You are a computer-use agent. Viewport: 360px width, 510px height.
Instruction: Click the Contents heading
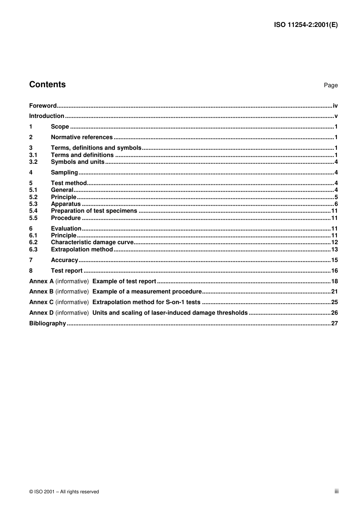[47, 85]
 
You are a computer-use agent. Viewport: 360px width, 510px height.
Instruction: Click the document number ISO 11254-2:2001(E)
[305, 25]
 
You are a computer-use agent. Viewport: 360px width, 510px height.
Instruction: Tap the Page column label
[330, 85]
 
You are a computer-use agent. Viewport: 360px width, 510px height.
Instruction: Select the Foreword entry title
[43, 106]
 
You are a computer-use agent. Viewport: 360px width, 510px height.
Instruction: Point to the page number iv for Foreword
[335, 106]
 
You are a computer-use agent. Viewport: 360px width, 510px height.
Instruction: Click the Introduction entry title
[47, 116]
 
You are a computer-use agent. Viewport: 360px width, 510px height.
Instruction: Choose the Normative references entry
[81, 137]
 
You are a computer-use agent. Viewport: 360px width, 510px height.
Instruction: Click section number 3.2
[33, 162]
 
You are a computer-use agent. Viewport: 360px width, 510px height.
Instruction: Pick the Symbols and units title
[77, 162]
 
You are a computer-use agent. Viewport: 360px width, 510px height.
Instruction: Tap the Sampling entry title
[64, 173]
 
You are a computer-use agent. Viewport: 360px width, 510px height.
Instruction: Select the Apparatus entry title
[66, 204]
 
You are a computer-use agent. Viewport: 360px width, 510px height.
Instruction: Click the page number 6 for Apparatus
[336, 204]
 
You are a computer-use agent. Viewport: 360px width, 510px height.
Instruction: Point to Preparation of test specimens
[94, 211]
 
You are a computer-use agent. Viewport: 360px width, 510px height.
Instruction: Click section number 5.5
[33, 218]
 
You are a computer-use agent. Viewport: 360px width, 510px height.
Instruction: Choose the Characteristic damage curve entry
[92, 242]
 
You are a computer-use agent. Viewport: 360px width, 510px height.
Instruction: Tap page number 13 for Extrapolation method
[334, 250]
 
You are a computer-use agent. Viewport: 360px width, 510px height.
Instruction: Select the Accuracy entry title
[64, 260]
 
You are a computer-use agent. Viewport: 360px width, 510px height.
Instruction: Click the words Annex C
[41, 302]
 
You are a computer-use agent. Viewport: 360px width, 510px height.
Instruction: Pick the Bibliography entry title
[47, 323]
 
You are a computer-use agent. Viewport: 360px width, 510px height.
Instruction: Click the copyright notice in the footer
[64, 492]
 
